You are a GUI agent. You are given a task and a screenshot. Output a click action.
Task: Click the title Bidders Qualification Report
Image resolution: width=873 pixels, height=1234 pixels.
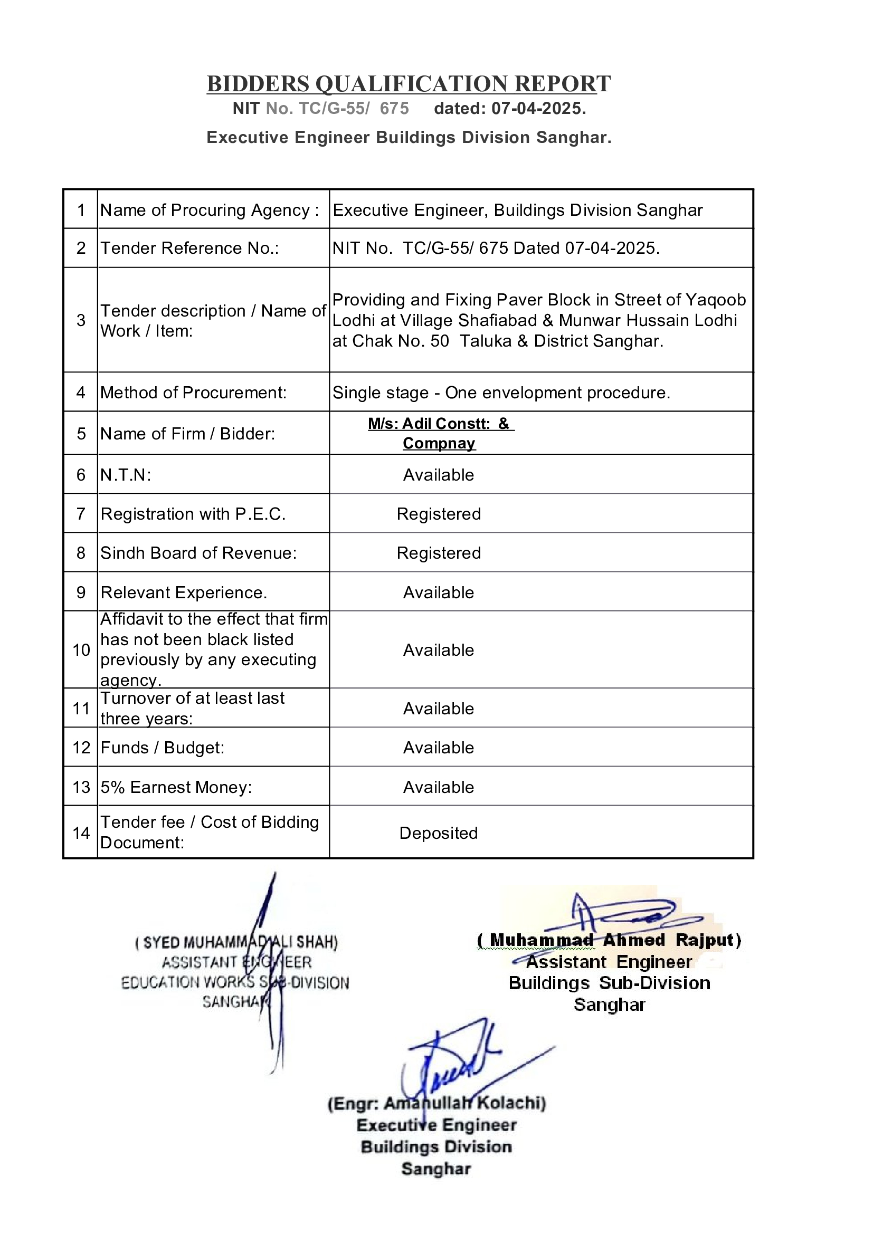[409, 84]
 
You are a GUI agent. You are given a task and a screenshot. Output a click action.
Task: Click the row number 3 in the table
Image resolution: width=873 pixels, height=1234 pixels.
[81, 320]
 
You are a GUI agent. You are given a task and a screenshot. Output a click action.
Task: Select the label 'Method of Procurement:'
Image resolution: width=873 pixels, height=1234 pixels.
[194, 393]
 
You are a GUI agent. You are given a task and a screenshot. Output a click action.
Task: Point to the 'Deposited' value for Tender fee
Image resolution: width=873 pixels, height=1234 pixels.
[438, 833]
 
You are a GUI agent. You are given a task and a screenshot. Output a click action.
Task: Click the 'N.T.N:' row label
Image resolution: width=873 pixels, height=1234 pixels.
[126, 475]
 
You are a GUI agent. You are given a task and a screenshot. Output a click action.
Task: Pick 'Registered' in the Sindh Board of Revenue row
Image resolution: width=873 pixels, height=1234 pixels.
[439, 553]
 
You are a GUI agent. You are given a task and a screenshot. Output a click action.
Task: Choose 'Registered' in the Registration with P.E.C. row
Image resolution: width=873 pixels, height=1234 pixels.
[439, 514]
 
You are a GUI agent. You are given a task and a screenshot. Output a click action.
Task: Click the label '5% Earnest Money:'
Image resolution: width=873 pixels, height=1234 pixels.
[176, 787]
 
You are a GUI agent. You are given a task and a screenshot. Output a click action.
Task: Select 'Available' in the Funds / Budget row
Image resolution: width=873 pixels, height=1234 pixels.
[439, 748]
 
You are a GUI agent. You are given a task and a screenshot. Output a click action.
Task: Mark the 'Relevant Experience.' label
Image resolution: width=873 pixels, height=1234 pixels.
[184, 593]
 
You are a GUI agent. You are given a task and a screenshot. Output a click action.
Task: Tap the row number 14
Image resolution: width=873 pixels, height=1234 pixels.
[81, 833]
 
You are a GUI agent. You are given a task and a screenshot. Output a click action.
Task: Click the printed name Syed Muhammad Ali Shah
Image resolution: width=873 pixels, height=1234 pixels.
[236, 942]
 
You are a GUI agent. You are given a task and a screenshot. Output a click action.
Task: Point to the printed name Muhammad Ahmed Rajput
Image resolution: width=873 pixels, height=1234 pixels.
[609, 940]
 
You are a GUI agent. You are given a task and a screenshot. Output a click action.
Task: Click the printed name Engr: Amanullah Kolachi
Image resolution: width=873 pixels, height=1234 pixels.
[437, 1103]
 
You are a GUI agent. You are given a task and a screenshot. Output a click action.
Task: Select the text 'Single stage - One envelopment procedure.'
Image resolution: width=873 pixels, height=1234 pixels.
[501, 393]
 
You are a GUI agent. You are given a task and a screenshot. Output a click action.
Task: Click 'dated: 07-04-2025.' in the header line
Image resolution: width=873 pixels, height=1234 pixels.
[510, 109]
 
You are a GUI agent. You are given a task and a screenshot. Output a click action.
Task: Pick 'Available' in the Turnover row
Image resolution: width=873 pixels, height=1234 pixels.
[439, 709]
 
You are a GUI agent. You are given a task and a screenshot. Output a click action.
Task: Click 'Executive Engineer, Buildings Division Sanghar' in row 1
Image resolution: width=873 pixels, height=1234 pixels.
[518, 210]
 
